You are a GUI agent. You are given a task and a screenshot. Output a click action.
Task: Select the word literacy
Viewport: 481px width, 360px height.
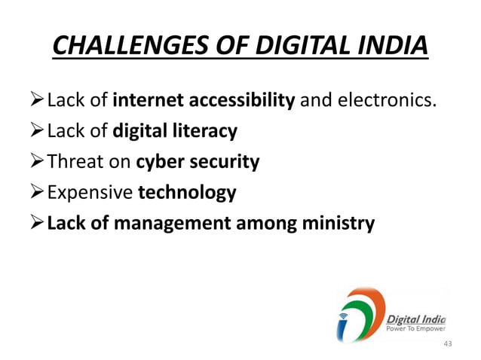click(207, 132)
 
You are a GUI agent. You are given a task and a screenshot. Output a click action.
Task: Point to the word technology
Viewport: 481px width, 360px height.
click(187, 193)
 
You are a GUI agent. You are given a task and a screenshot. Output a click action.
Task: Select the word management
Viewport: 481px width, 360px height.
click(177, 224)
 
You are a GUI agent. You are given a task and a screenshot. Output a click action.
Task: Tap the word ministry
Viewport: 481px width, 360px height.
click(339, 224)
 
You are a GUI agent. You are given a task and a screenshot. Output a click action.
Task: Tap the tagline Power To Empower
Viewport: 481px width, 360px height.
click(415, 328)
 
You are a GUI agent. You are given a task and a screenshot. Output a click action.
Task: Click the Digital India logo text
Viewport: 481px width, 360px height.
click(415, 317)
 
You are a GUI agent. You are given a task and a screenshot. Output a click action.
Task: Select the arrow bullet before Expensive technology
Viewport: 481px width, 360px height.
click(38, 193)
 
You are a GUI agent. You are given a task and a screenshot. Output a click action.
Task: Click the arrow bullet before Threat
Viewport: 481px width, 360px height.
click(38, 162)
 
